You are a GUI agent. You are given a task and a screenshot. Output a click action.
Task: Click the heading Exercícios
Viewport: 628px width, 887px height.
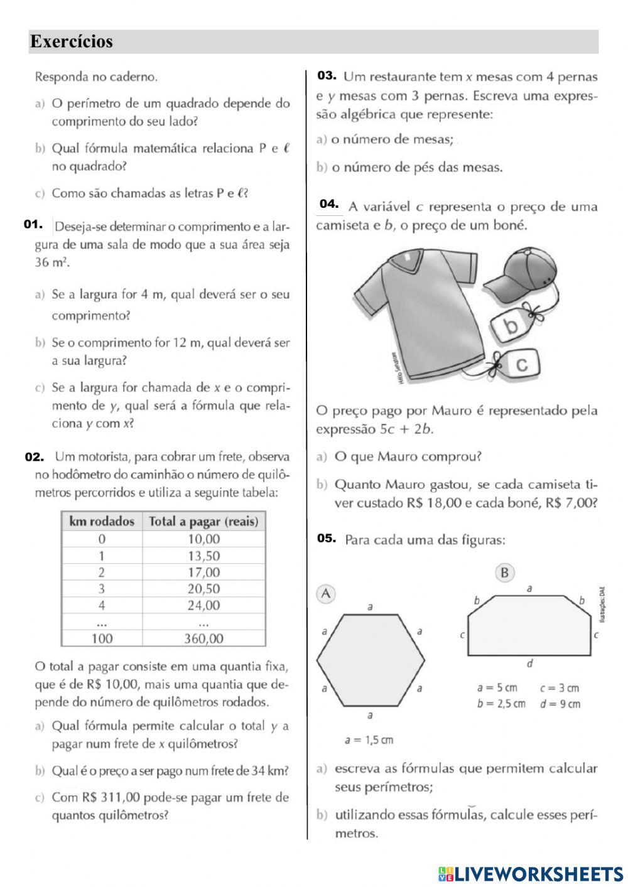72,42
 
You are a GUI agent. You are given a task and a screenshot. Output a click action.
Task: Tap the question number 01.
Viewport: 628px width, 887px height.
33,224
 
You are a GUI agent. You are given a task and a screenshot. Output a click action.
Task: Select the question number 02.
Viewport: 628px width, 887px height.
34,457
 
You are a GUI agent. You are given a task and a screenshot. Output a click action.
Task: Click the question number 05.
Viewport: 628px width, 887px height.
327,538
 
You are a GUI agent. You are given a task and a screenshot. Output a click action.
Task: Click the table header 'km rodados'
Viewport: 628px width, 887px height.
102,522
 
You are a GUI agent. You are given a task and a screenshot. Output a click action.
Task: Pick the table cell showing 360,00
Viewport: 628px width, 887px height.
203,638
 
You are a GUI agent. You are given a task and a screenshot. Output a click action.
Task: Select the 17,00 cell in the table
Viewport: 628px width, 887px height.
203,572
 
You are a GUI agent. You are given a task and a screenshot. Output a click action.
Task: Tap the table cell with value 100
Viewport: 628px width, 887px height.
102,638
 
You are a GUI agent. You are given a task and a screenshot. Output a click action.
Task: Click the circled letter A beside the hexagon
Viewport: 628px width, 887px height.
325,593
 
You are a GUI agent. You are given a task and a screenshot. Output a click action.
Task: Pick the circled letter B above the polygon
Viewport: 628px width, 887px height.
504,573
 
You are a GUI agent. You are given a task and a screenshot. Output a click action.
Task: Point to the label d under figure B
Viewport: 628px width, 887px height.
529,663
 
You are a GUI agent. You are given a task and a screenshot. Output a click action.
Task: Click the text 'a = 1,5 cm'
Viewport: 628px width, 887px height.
369,740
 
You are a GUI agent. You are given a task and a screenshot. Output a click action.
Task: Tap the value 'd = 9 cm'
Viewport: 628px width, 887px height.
560,704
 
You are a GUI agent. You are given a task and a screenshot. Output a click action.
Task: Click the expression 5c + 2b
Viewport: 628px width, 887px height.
406,430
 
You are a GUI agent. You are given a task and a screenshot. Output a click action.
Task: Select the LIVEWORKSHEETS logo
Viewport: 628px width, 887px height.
531,873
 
